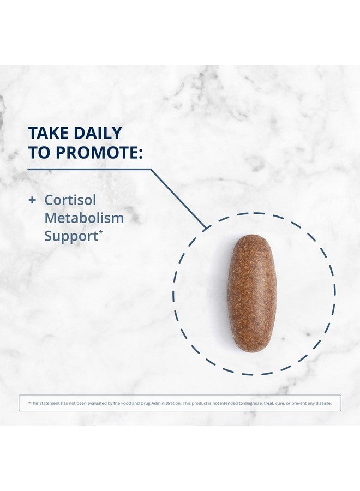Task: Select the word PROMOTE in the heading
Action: click(x=95, y=152)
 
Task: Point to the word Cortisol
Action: click(x=70, y=200)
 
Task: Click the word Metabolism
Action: click(x=84, y=218)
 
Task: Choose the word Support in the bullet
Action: click(x=71, y=237)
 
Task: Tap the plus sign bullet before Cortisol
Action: click(x=32, y=200)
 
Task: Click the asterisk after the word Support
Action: click(x=101, y=233)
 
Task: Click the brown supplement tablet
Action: click(x=252, y=294)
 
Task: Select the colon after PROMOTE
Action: click(x=140, y=153)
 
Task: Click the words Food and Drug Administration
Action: click(x=151, y=403)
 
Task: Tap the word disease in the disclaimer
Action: click(x=323, y=403)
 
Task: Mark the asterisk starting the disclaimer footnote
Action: click(x=29, y=403)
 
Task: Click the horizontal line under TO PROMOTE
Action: click(x=89, y=170)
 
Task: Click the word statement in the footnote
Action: click(x=50, y=403)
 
